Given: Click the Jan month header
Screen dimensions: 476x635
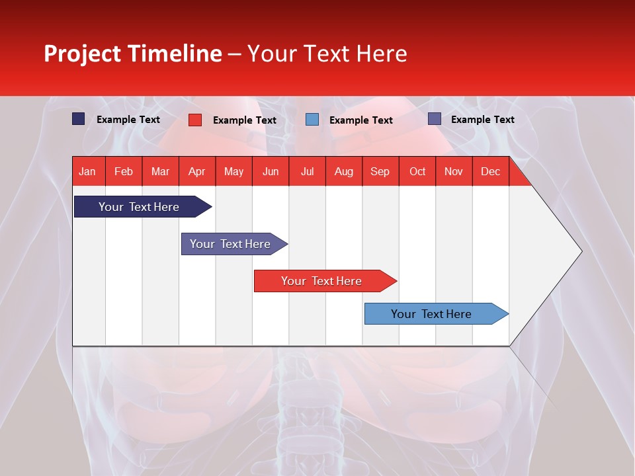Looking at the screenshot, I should pos(87,172).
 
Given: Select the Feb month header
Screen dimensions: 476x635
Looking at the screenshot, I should pos(124,172).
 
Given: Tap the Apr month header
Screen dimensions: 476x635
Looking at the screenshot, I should pos(197,172).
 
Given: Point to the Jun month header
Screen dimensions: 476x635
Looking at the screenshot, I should pos(271,172).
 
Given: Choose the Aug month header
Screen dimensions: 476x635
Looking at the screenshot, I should pos(344,172).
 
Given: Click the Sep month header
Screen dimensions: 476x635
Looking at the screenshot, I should pos(380,172).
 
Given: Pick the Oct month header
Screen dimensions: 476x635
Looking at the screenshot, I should pos(417,172).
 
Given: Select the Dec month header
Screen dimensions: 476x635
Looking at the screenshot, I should pos(491,172).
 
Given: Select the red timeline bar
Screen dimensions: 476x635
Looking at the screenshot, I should pos(322,281).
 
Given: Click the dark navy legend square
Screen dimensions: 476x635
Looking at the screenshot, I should pos(79,119).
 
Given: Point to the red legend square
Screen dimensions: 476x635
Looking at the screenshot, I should pos(195,120).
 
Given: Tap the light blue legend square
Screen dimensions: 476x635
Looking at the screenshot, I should pos(312,120).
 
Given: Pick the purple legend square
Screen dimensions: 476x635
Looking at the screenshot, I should pos(435,119).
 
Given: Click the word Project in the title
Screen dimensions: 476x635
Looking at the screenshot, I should pos(83,54).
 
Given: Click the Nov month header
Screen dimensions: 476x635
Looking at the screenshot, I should pos(454,172).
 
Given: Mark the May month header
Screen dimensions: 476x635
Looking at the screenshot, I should pos(233,172).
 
